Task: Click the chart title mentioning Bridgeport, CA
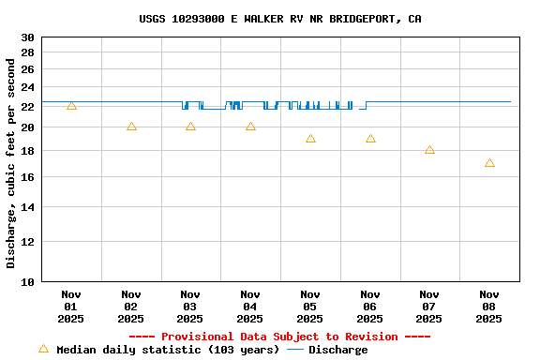tap(279, 19)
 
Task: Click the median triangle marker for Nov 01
tap(71, 106)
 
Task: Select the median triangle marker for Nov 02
tap(131, 127)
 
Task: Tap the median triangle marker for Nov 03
tap(190, 127)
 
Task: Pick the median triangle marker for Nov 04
tap(250, 127)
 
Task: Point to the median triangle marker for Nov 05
tap(310, 139)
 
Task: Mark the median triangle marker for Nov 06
tap(370, 139)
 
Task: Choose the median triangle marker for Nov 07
tap(429, 150)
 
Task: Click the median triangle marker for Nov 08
tap(489, 163)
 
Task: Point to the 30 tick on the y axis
tap(27, 37)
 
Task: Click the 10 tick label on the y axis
tap(27, 281)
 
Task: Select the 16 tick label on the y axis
tap(27, 177)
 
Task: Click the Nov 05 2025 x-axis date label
tap(310, 307)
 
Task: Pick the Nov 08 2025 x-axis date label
tap(489, 307)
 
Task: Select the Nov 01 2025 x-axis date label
tap(71, 307)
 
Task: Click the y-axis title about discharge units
tap(11, 164)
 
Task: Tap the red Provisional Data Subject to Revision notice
tap(279, 337)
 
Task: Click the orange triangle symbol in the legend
tap(43, 349)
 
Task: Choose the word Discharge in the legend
tap(338, 350)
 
